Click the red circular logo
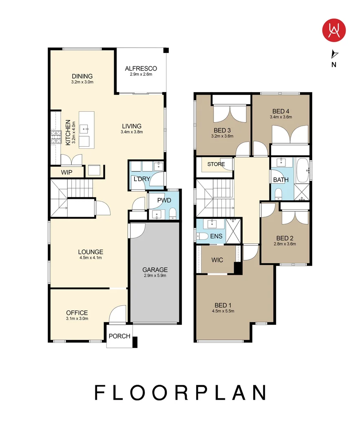point(333,30)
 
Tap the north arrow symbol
point(334,54)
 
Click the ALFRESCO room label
point(141,68)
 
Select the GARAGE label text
point(155,270)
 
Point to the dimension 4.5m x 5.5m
point(223,311)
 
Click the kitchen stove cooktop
point(56,137)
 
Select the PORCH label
point(119,336)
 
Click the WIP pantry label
point(66,172)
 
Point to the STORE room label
point(216,164)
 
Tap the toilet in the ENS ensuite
point(202,236)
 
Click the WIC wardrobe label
point(217,260)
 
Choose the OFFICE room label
point(77,312)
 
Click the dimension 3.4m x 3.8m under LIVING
point(132,132)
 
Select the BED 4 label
point(281,111)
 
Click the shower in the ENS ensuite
point(233,231)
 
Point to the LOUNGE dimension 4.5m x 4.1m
point(91,257)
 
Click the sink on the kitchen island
point(84,129)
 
